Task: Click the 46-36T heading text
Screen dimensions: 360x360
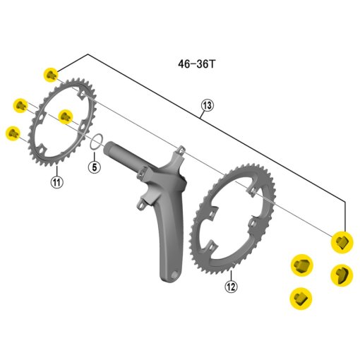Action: [x=197, y=64]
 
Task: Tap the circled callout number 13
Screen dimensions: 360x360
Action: [x=206, y=106]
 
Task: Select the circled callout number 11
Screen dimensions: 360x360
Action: [x=56, y=181]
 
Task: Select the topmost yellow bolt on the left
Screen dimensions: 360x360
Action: [x=51, y=74]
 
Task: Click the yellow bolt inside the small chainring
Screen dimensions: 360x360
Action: [x=66, y=116]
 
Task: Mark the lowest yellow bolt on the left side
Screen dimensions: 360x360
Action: [x=12, y=133]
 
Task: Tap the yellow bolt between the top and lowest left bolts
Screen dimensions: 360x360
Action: [x=20, y=106]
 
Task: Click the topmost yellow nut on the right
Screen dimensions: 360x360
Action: [x=342, y=241]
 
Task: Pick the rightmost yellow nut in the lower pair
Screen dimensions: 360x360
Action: [x=342, y=273]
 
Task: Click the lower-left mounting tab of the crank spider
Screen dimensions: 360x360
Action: [x=140, y=203]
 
